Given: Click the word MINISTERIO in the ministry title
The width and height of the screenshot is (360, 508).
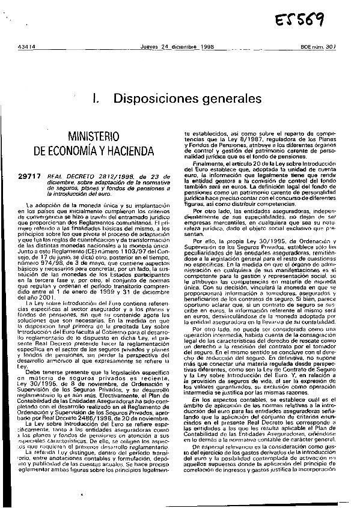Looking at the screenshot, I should pyautogui.click(x=94, y=135).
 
